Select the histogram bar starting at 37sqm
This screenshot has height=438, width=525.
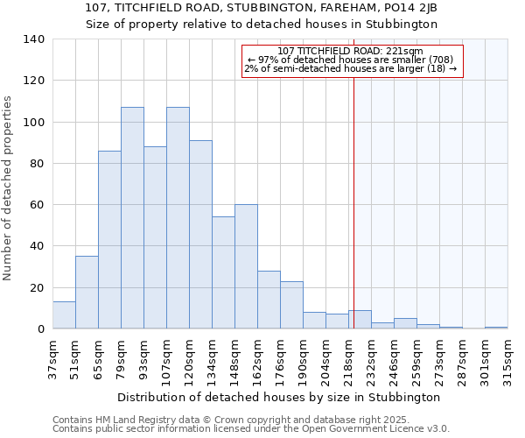(64, 315)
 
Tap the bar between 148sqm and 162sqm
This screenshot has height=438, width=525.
(246, 267)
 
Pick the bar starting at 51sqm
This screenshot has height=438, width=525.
(87, 293)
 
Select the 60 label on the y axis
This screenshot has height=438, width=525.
(37, 205)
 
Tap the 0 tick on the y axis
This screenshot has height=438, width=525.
(40, 329)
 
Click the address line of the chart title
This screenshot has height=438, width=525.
(262, 8)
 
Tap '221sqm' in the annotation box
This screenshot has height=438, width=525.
(407, 51)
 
